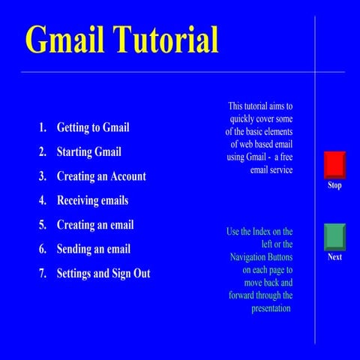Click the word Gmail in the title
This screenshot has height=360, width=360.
[65, 39]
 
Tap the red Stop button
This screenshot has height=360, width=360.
[334, 165]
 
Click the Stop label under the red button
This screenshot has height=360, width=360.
[334, 185]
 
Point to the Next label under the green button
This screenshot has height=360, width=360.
[334, 257]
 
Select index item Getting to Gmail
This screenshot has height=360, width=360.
[93, 127]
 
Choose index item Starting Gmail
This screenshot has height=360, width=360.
[88, 152]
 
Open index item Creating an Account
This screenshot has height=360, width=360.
[101, 177]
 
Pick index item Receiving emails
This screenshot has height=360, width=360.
[92, 201]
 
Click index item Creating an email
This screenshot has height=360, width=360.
[95, 225]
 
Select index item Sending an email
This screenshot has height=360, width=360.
[94, 249]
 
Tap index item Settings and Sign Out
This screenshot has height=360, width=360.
[103, 274]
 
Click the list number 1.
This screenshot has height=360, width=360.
[43, 127]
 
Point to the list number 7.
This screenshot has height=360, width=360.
[43, 274]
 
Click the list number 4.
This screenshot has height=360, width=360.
[43, 201]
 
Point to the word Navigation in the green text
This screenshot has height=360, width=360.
[251, 257]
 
